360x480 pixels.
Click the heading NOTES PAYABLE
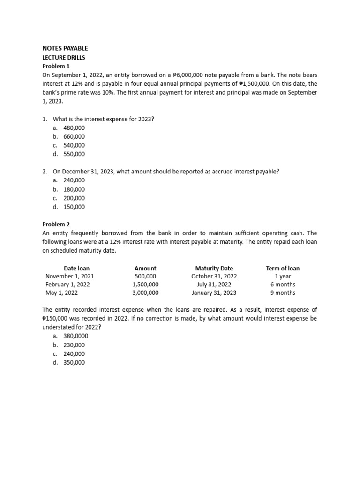point(65,48)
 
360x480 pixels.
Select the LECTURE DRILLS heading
point(64,57)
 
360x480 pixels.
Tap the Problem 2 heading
point(56,224)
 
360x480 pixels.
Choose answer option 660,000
point(74,136)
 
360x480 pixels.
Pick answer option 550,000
point(74,154)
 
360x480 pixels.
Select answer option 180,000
point(74,189)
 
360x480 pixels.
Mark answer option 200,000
point(74,198)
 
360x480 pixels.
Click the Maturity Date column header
point(214,268)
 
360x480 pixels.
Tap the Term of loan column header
point(283,268)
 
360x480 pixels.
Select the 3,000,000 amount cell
point(145,293)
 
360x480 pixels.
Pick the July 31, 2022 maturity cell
point(214,285)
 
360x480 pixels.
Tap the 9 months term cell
point(283,293)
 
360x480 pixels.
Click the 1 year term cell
point(283,276)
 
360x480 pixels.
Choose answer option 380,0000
point(75,336)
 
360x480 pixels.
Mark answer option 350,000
point(74,362)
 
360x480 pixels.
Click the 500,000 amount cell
point(145,276)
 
